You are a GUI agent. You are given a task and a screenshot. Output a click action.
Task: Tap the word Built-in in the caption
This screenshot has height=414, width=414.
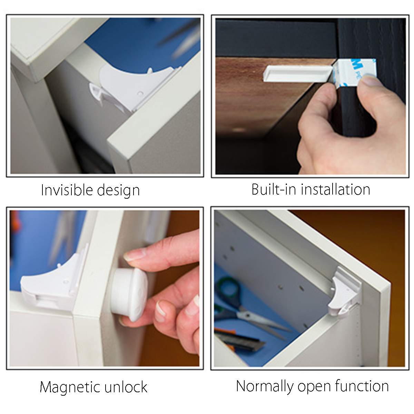click(273, 189)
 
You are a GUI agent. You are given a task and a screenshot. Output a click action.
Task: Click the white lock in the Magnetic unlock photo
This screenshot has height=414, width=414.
click(52, 286)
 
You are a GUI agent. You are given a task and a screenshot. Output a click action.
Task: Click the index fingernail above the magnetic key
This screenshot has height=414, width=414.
click(131, 256)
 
